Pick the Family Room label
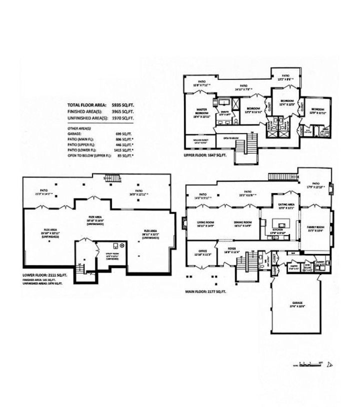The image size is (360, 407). coord(316,228)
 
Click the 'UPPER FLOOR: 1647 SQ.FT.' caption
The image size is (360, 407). coord(205,156)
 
